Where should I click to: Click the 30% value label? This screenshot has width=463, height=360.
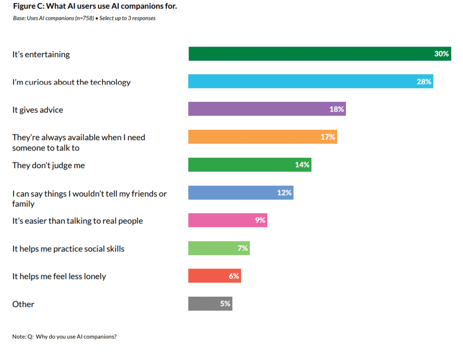coord(441,54)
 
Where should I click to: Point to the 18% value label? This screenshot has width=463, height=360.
coord(336,109)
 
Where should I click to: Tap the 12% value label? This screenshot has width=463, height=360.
coord(284,193)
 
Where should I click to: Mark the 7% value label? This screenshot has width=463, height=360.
coord(243,248)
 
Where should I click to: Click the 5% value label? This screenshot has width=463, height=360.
coord(225,304)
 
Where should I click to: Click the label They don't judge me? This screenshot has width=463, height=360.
coord(48,165)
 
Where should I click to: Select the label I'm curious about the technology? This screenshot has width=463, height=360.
coord(71,82)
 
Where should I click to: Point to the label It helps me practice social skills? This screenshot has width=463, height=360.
coord(68,249)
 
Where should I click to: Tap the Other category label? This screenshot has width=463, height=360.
coord(23,304)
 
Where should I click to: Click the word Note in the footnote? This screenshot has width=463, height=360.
coord(19,336)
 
